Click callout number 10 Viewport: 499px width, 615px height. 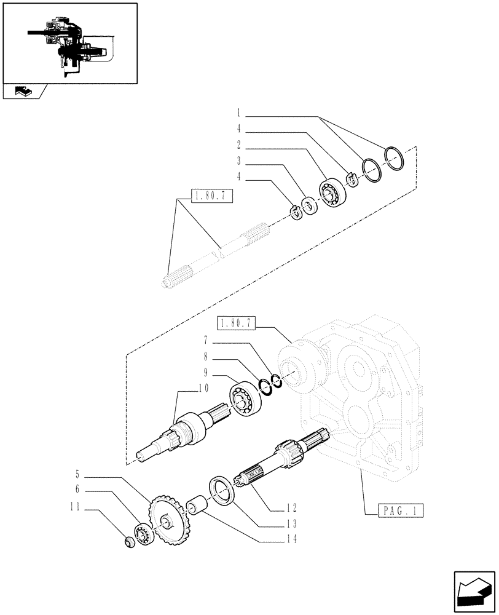pyautogui.click(x=203, y=388)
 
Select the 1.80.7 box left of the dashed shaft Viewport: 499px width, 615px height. pyautogui.click(x=213, y=197)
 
